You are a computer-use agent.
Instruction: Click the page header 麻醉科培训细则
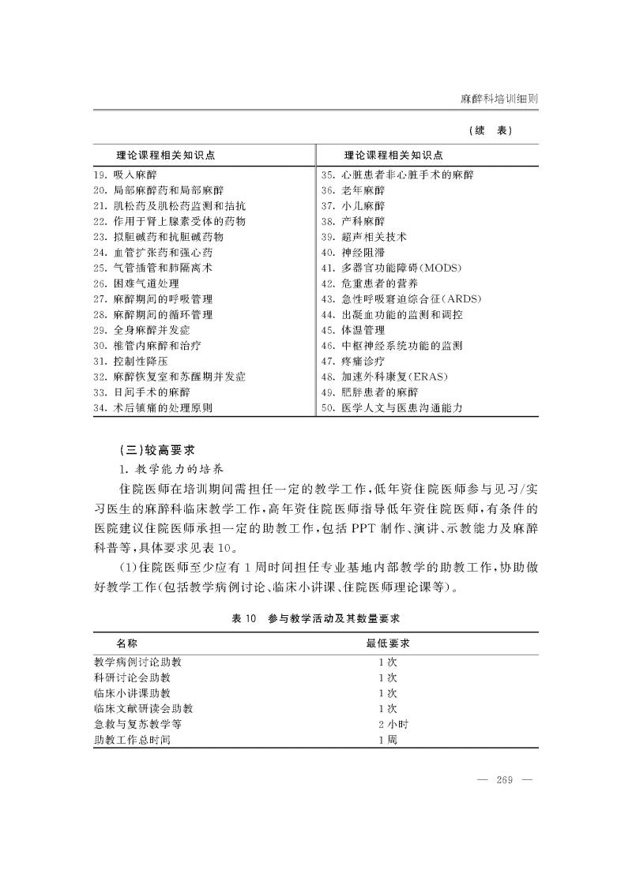click(499, 99)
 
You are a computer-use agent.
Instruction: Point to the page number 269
click(505, 781)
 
